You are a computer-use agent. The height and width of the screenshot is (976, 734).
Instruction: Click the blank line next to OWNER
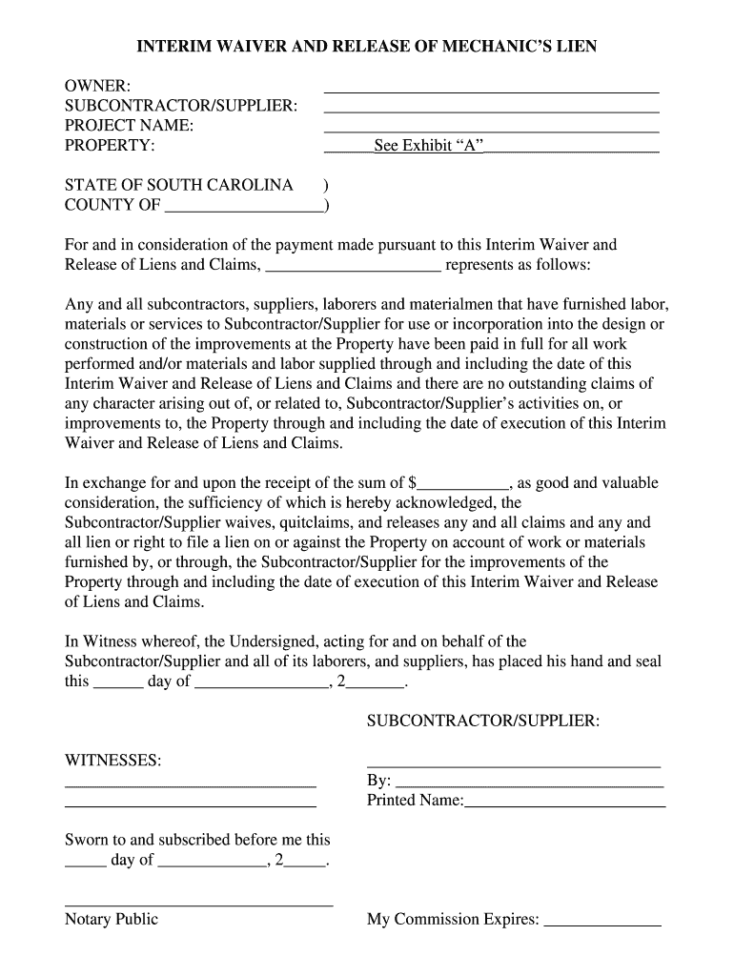coord(491,91)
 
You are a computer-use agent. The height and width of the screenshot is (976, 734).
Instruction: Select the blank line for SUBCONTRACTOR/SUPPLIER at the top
coord(491,111)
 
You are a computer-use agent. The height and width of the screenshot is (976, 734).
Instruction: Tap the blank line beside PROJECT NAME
coord(491,131)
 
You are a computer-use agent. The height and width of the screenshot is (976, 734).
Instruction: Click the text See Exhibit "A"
coord(429,146)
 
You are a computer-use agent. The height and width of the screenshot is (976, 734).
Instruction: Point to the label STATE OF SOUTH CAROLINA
coord(178,184)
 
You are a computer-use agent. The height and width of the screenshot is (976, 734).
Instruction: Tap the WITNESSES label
coord(112,761)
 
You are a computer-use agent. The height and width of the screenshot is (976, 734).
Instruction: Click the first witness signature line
coord(190,784)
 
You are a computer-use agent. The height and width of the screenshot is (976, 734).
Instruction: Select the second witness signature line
coord(190,805)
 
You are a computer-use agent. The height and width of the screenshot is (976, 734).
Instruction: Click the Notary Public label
coord(111,919)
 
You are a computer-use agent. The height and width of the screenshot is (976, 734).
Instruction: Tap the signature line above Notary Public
coord(198,904)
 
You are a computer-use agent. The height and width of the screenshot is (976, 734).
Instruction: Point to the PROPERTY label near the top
coord(110,146)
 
